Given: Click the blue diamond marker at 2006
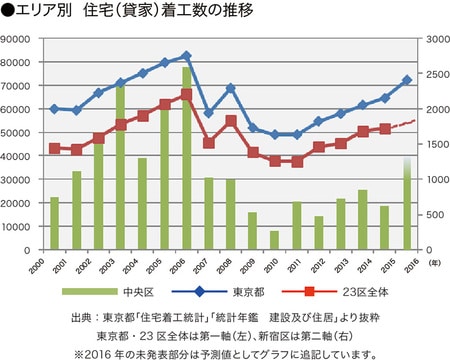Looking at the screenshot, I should coord(187,56).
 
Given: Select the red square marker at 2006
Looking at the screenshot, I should coord(187,95).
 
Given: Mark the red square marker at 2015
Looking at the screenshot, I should coord(385,129).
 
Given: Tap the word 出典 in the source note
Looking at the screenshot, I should coord(83,318).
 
